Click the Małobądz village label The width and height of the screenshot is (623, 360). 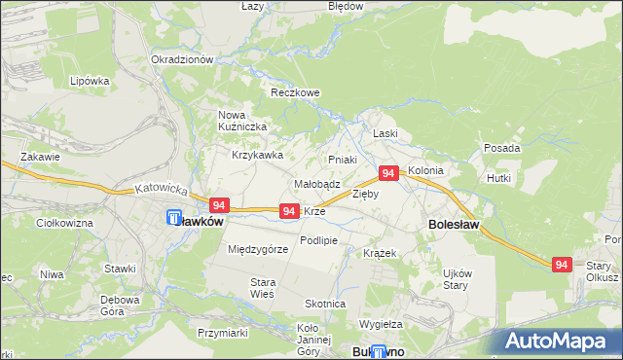[x=316, y=184]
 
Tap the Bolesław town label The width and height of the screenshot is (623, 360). [x=452, y=224]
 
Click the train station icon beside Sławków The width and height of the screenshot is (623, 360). [x=174, y=219]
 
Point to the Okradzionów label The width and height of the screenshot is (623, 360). [x=182, y=59]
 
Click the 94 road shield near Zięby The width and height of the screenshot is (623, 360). [x=387, y=173]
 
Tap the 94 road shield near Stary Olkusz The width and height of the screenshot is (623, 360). [x=561, y=264]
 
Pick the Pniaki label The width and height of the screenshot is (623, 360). [x=343, y=160]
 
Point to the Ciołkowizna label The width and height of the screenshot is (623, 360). [x=64, y=224]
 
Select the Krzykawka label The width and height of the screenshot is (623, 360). [x=257, y=155]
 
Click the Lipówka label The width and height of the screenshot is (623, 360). [x=90, y=81]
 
